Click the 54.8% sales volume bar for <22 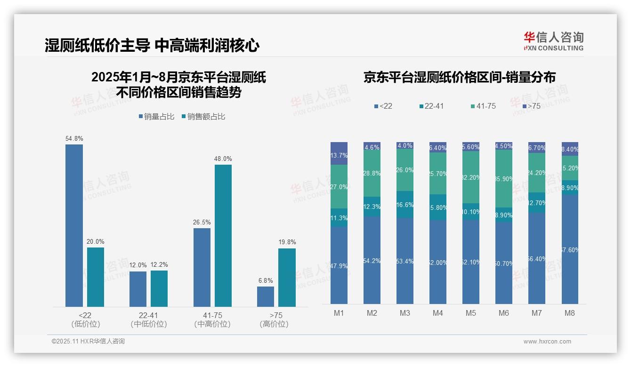click(74, 225)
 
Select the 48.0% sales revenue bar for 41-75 click(223, 235)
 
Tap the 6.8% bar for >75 click(266, 296)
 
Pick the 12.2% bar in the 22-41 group click(159, 288)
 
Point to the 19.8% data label click(287, 242)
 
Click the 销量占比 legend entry click(156, 117)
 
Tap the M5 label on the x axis click(471, 313)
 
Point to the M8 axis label click(570, 313)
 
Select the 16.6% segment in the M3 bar click(405, 205)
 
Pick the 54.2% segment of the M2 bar click(372, 260)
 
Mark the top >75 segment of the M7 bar click(537, 147)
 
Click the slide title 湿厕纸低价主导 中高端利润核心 click(152, 46)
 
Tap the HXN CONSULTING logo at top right click(554, 41)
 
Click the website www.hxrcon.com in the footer click(547, 342)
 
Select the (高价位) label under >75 click(274, 324)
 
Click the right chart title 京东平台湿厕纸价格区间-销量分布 click(459, 77)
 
